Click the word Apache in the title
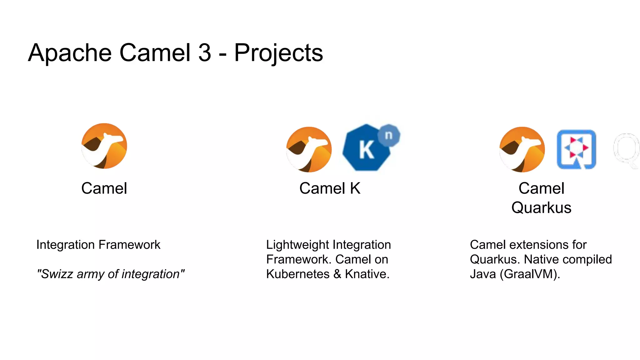click(x=69, y=53)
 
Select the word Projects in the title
click(x=278, y=53)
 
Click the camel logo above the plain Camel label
click(x=104, y=146)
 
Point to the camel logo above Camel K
click(x=309, y=149)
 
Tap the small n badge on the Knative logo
click(x=388, y=135)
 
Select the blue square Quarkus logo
click(x=576, y=149)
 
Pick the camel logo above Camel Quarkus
click(x=522, y=149)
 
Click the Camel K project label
click(x=330, y=188)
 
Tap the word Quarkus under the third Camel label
click(x=541, y=208)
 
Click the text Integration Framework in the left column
click(x=98, y=245)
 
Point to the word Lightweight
click(x=297, y=245)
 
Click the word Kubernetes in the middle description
click(x=297, y=274)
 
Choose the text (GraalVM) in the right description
click(x=530, y=274)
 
